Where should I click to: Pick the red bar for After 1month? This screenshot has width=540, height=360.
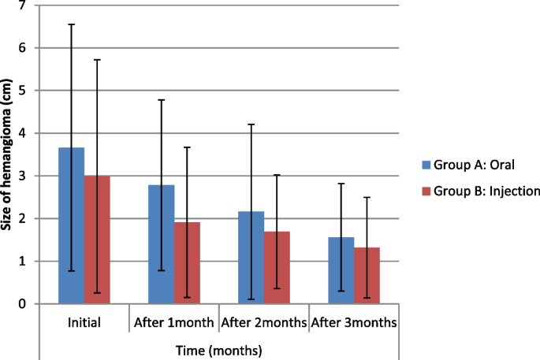coord(187,263)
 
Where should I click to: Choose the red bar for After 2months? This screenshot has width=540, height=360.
coord(277,268)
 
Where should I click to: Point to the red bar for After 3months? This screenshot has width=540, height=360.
coord(367,276)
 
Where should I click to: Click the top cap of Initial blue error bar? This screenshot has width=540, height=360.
coord(72,24)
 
